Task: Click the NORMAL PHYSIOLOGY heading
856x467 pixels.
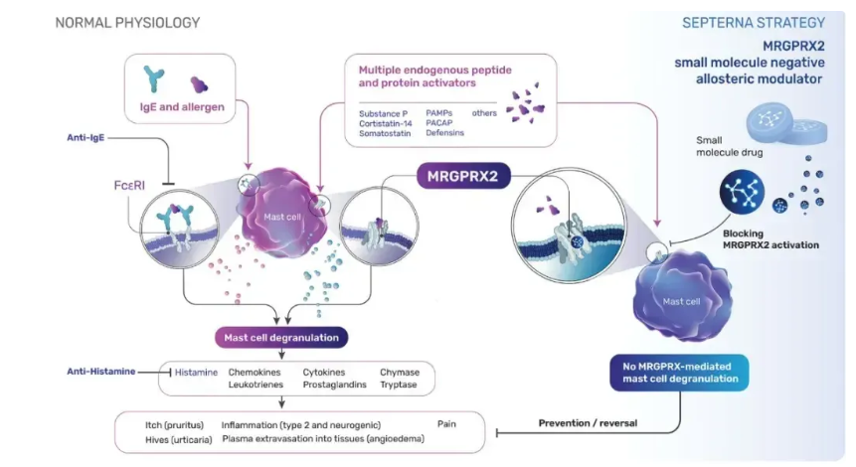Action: [127, 23]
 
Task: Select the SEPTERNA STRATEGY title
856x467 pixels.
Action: [754, 23]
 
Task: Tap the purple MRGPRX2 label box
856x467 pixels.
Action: [463, 176]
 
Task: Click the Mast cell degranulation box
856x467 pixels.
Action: [281, 338]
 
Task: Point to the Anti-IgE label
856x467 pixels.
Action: [86, 138]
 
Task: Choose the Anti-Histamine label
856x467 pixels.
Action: [101, 372]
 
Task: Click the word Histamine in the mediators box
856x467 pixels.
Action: [196, 373]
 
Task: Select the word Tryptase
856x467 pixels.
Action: [399, 385]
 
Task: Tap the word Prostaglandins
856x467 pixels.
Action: [335, 385]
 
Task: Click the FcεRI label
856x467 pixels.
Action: [129, 186]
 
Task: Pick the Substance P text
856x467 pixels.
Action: [383, 113]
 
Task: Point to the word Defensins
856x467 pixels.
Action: [445, 132]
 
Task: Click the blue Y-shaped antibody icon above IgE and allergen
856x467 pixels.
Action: [153, 78]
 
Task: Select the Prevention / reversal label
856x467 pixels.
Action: [588, 423]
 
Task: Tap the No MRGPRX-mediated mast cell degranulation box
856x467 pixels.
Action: [679, 373]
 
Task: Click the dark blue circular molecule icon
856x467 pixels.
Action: [742, 192]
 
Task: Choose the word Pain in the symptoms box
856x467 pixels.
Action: [446, 424]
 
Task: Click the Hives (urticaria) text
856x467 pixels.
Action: [179, 440]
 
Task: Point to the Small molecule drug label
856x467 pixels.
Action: [730, 146]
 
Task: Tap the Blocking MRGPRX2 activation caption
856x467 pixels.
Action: [770, 239]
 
